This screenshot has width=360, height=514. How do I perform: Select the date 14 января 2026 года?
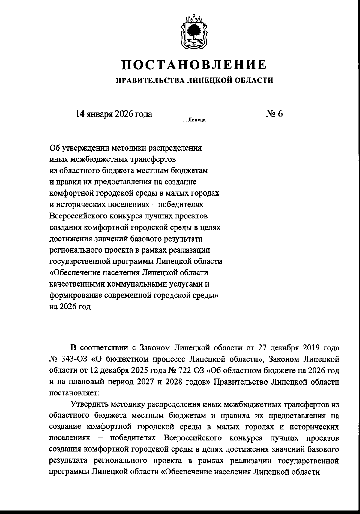tap(114, 114)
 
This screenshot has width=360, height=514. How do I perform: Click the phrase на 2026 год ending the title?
tap(70, 307)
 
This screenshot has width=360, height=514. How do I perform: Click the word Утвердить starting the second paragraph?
tap(89, 404)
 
